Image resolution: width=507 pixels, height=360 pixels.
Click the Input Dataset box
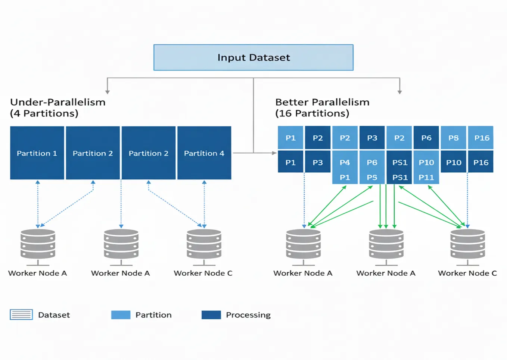coord(253,57)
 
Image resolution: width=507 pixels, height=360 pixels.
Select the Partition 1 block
coord(37,153)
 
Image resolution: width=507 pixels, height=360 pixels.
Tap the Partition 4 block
coord(204,153)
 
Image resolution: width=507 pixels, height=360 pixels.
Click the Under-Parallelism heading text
coord(58,102)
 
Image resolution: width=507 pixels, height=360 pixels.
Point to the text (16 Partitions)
coord(312,113)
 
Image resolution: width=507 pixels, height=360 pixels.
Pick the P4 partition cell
coord(345,162)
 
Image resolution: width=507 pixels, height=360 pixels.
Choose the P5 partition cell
coord(372,178)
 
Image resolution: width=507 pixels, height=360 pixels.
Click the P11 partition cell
coord(426,178)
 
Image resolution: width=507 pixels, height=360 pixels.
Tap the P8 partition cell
coord(454,138)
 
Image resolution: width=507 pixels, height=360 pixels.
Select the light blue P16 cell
coord(482,138)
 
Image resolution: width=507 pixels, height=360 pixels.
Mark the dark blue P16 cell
coord(481,162)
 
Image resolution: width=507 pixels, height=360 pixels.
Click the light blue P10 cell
coord(426,162)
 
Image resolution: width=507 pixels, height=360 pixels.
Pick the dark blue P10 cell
coord(454,162)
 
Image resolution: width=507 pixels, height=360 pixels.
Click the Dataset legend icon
coord(21,315)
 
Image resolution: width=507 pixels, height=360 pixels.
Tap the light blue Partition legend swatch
coord(121,315)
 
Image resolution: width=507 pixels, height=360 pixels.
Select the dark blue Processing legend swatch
coord(211,315)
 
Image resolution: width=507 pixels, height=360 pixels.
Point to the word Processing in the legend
coord(248,315)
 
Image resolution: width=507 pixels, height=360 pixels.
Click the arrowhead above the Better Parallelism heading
coord(399,92)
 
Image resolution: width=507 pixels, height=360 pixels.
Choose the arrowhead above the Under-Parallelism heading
coord(108,92)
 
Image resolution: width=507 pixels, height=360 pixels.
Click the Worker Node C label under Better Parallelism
coord(467,273)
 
